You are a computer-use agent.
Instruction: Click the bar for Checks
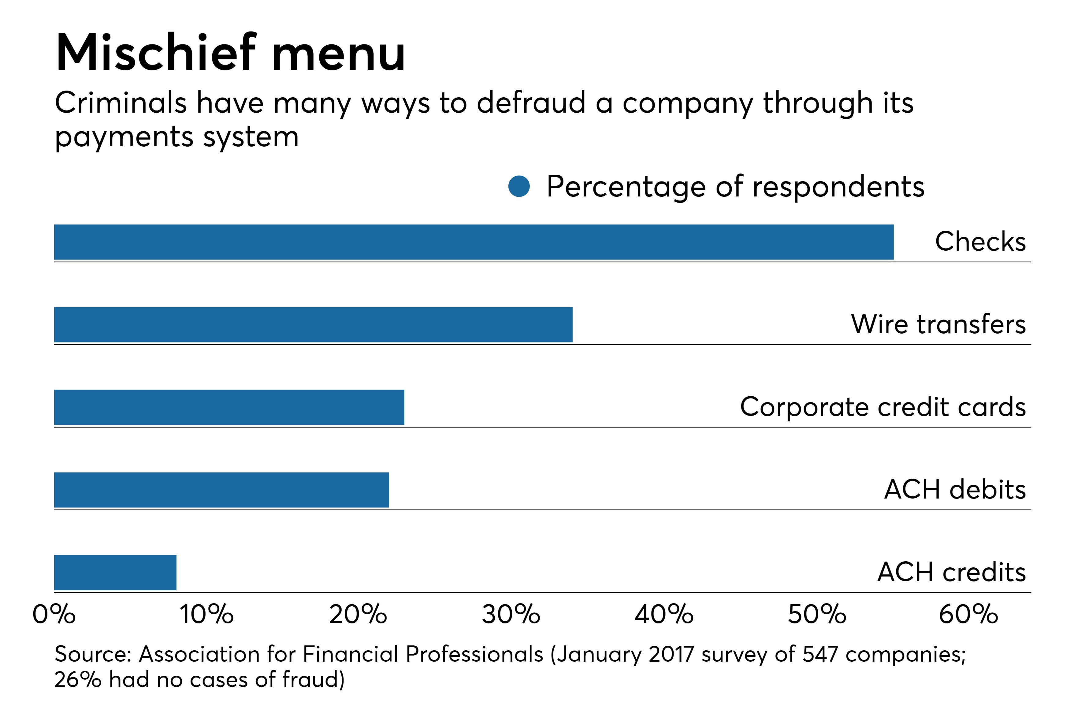(474, 242)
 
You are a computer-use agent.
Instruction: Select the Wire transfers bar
(313, 325)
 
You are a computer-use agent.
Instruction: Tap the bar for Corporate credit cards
(229, 407)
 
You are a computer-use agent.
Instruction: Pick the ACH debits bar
(221, 490)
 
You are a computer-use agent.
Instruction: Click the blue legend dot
(519, 187)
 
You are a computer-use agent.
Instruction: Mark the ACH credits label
(951, 572)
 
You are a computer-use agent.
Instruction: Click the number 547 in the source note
(820, 654)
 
